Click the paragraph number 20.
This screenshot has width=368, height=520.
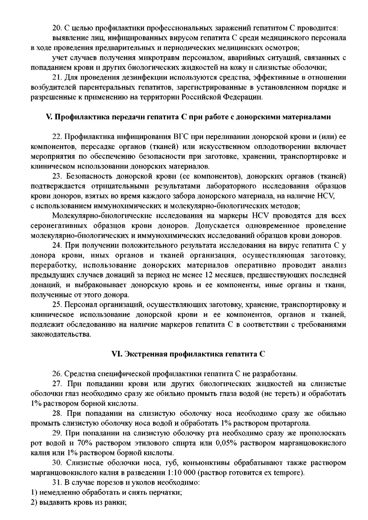pyautogui.click(x=57, y=28)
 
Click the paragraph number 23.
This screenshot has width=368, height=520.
pyautogui.click(x=57, y=176)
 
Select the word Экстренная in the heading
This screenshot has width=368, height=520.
pyautogui.click(x=145, y=354)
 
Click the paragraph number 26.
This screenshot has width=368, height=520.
pyautogui.click(x=57, y=374)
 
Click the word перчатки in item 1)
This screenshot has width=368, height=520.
pyautogui.click(x=166, y=492)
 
